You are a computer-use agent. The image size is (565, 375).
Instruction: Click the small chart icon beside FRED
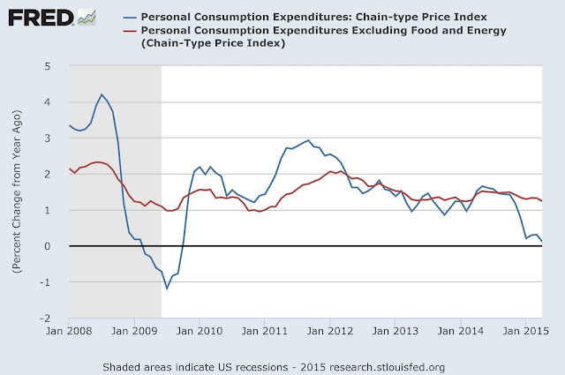(x=86, y=16)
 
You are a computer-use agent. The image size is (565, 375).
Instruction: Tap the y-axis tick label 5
(x=57, y=66)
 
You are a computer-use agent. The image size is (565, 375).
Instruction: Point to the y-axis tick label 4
(x=57, y=102)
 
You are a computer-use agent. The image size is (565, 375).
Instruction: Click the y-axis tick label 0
(x=57, y=246)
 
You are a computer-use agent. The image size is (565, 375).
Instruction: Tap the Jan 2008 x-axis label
(x=69, y=332)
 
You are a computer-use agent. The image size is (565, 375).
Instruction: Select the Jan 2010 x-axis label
(x=200, y=332)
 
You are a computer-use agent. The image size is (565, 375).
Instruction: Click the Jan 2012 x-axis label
(x=330, y=332)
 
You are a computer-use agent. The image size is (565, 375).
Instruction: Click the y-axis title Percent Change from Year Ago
(x=17, y=193)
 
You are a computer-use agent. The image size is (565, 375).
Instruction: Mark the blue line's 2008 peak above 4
(x=102, y=94)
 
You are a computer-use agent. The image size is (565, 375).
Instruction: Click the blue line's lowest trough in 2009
(x=166, y=289)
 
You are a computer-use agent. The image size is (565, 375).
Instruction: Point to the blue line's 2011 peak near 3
(x=307, y=140)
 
